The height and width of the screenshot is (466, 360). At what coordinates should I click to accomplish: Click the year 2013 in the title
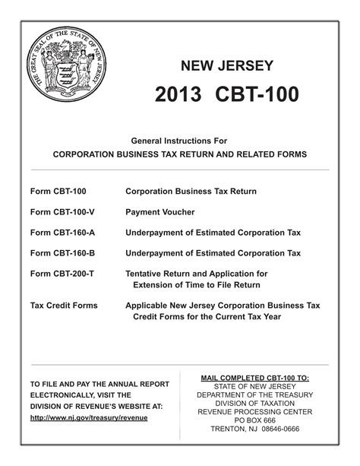[178, 94]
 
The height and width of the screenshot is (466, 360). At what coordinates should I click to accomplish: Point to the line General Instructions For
[179, 141]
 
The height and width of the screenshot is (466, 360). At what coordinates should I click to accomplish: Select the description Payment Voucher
[159, 212]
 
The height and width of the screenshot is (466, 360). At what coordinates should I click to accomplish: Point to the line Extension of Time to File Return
[197, 285]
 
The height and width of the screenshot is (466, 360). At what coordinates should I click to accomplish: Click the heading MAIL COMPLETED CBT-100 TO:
[254, 378]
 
